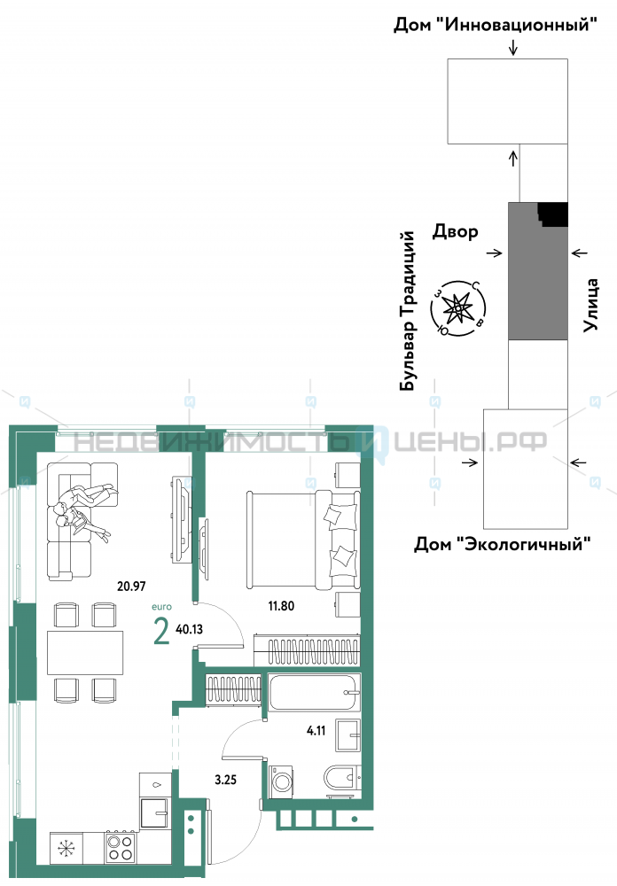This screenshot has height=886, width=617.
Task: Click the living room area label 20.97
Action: (131, 586)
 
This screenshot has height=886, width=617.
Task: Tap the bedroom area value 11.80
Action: (281, 606)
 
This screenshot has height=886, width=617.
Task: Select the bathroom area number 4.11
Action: (316, 731)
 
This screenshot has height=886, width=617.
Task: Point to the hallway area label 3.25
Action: (226, 780)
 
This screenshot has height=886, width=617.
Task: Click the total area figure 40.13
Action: (190, 629)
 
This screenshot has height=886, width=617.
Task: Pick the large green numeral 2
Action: (161, 632)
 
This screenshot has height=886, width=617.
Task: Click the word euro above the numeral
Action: (161, 607)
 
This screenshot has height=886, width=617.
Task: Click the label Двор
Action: (456, 231)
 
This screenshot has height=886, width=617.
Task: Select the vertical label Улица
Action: (591, 304)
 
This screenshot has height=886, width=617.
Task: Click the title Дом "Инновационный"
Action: (496, 24)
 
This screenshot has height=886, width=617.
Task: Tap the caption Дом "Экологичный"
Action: (503, 544)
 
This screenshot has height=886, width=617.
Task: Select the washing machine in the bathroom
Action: (281, 781)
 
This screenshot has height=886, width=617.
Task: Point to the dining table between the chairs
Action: (85, 652)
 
